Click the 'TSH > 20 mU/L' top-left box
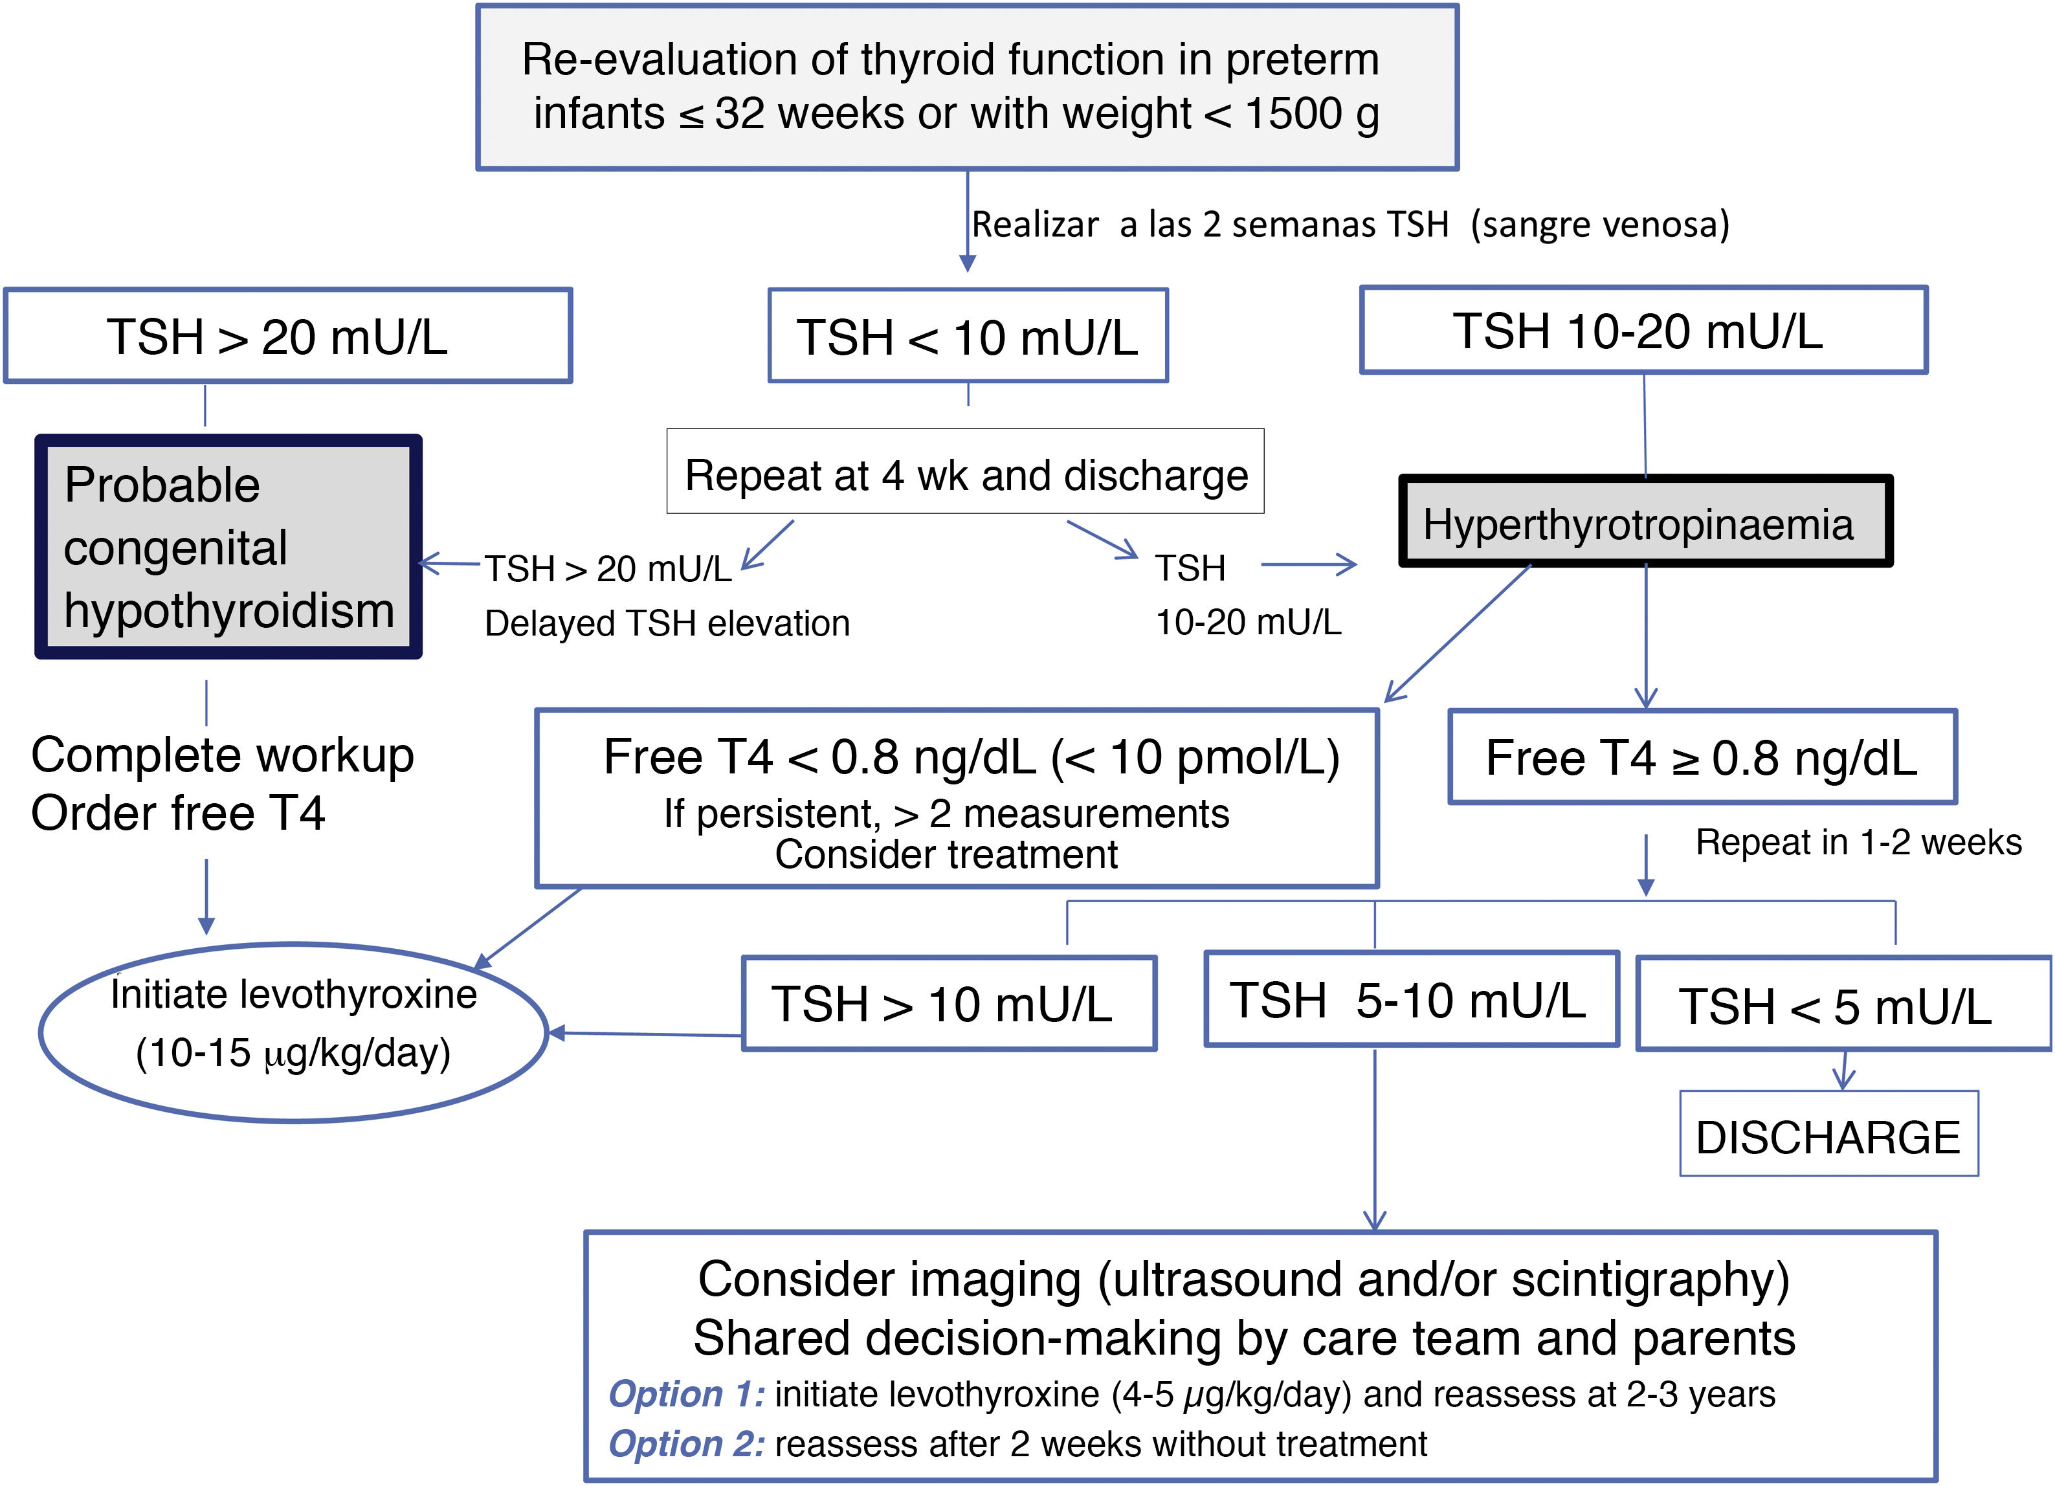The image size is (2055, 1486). [x=287, y=336]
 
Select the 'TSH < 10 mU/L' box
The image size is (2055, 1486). [x=968, y=336]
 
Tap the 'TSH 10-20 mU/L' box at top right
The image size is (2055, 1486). [x=1643, y=331]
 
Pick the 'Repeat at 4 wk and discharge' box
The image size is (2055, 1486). [x=965, y=472]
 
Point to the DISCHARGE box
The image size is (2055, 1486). [x=1828, y=1135]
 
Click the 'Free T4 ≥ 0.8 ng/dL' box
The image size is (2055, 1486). [x=1702, y=757]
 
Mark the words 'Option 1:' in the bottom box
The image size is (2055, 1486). [x=686, y=1393]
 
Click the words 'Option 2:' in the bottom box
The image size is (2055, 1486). [x=686, y=1443]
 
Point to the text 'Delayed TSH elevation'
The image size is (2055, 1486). [x=667, y=623]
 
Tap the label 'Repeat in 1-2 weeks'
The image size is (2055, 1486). [x=1858, y=843]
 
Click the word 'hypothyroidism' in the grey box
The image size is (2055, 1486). [x=229, y=610]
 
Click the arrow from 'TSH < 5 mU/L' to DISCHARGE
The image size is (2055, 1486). [x=1843, y=1071]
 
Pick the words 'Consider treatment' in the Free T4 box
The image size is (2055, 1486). [x=946, y=854]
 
